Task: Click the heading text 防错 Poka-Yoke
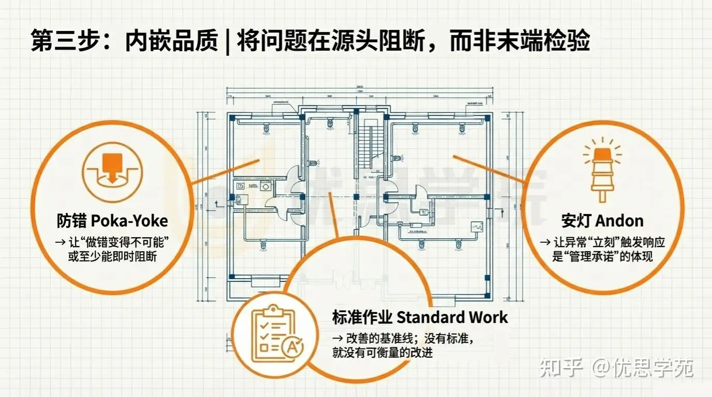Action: coord(112,221)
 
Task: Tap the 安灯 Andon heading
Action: coord(602,221)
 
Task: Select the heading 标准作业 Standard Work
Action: coord(420,316)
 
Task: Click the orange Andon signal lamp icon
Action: coord(602,169)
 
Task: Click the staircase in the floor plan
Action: coord(372,144)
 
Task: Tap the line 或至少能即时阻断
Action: coord(112,256)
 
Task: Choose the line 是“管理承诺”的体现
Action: coord(602,256)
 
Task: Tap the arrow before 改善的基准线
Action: coord(337,339)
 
